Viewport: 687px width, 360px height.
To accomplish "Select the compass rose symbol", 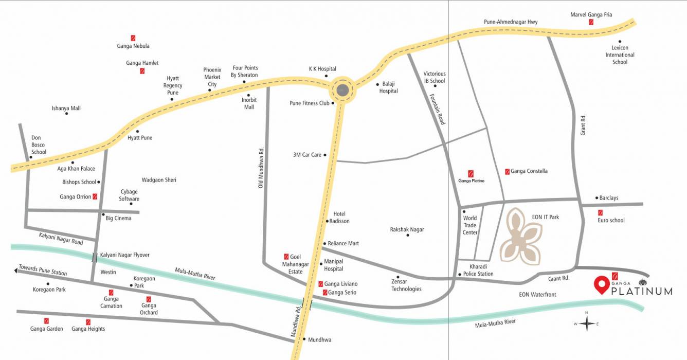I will tap(586, 323).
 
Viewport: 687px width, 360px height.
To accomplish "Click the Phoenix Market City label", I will tap(212, 77).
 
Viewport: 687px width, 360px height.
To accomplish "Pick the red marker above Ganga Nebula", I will tap(133, 38).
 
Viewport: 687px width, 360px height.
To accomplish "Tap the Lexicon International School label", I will tap(620, 55).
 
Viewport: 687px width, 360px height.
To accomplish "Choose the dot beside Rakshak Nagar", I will tap(408, 235).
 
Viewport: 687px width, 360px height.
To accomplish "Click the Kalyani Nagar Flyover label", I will tap(125, 255).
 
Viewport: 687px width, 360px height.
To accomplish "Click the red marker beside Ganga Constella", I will tap(507, 171).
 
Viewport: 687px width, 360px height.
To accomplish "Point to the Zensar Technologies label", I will tap(406, 285).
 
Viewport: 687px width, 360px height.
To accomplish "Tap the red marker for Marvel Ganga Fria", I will tap(591, 23).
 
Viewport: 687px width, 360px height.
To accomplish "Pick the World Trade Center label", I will tap(470, 225).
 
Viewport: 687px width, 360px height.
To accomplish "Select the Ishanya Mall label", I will tap(66, 109).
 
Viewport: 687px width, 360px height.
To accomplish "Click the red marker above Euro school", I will tap(600, 212).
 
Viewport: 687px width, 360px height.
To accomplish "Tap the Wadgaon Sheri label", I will tap(159, 180).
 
